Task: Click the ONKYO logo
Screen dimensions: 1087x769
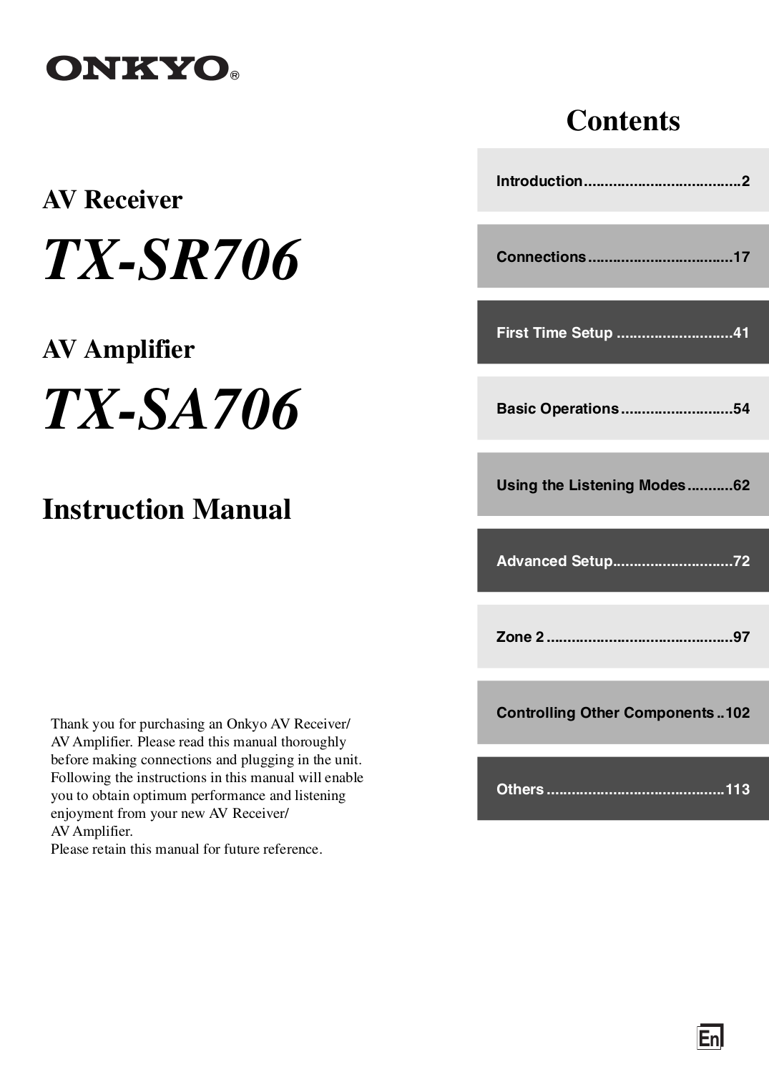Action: pos(137,69)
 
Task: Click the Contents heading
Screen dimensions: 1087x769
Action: pos(622,120)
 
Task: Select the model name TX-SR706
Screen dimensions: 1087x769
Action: pos(172,260)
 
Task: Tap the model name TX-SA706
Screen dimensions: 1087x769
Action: pos(172,410)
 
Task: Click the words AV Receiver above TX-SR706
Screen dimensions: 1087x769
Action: pos(112,200)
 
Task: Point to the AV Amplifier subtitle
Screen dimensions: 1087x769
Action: pos(118,349)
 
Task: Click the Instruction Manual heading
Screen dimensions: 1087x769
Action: pos(167,510)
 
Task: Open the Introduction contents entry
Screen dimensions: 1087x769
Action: pos(539,181)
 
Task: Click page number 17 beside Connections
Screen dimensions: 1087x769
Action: pos(741,257)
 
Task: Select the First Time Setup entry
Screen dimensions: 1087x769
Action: pos(554,333)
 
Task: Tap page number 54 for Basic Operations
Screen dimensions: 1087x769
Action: pos(741,409)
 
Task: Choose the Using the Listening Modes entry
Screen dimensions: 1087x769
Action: pos(591,485)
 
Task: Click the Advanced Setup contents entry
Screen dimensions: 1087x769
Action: pos(554,561)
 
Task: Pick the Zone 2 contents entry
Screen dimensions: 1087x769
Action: pos(520,637)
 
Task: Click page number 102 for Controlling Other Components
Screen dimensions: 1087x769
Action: pos(737,713)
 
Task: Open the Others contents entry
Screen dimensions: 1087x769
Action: pos(520,789)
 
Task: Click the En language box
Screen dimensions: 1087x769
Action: pos(710,1038)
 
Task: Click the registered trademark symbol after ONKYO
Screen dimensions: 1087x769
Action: pos(235,75)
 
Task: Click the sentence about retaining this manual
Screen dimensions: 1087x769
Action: pos(186,849)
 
